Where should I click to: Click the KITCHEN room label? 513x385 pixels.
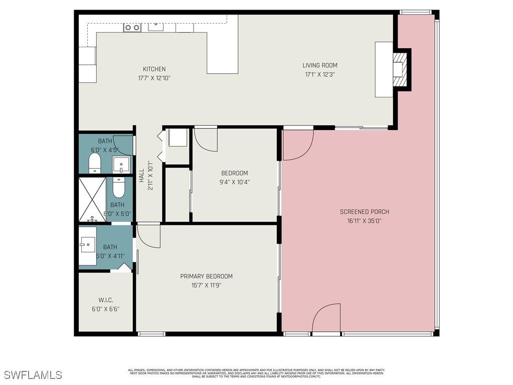(x=154, y=69)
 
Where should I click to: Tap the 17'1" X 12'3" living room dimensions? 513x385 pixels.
(x=319, y=74)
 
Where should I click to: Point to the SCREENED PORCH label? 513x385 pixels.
(x=364, y=212)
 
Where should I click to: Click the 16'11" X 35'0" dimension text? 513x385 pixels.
(x=364, y=221)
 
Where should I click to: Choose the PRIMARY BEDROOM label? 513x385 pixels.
(x=206, y=276)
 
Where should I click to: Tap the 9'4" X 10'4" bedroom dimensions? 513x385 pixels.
(x=235, y=182)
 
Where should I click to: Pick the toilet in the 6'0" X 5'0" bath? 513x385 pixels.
(x=118, y=188)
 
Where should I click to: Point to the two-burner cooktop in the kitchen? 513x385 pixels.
(x=132, y=28)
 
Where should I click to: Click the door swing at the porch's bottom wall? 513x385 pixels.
(x=326, y=318)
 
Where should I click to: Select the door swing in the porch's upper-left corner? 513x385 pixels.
(x=298, y=145)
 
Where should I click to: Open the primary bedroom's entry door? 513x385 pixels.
(x=148, y=235)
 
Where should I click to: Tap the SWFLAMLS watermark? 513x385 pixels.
(x=33, y=375)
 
